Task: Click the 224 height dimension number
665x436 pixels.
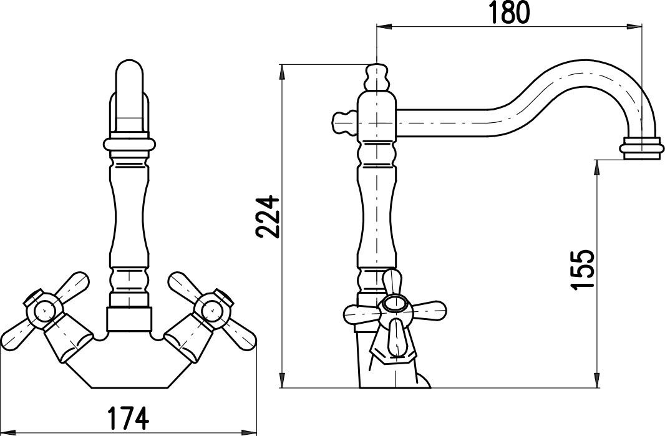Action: (x=269, y=216)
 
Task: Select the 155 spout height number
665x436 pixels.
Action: (x=581, y=269)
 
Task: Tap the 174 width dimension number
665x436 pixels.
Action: (x=128, y=418)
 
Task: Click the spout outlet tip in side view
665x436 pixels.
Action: (x=642, y=148)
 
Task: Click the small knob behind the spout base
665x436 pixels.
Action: (x=344, y=123)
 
